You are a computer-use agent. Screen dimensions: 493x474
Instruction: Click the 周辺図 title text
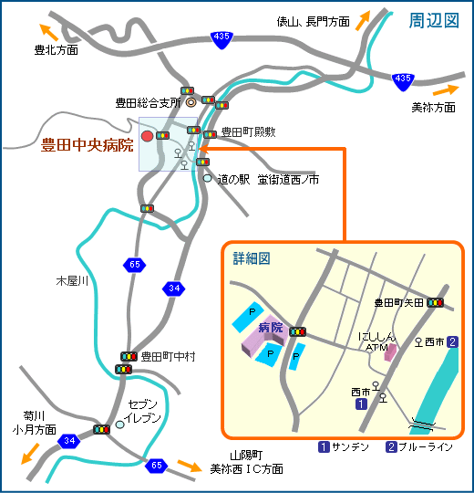point(434,20)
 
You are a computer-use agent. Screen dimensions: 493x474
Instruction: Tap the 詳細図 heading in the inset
point(252,258)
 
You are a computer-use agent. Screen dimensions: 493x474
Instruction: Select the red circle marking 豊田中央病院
point(148,136)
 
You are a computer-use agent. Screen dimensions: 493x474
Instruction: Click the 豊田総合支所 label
point(149,103)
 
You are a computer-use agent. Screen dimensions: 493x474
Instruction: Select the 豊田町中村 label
point(168,356)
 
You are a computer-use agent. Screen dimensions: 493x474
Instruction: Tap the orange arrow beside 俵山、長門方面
point(364,20)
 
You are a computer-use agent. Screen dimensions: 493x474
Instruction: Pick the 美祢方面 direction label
point(433,107)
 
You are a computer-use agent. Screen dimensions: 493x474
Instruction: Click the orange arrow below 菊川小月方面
point(29,452)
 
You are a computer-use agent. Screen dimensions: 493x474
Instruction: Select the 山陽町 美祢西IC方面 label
point(246,461)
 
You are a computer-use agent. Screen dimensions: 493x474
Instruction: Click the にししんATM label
point(376,341)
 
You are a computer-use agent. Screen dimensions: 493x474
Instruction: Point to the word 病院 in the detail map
point(271,326)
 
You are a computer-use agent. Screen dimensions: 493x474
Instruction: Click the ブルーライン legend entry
point(418,447)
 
